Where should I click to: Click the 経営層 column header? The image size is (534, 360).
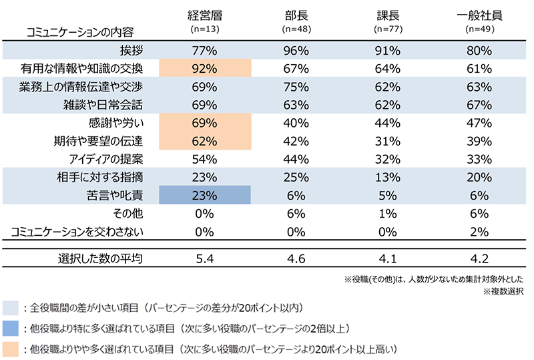tap(205, 17)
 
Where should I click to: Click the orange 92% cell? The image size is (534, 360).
tap(205, 68)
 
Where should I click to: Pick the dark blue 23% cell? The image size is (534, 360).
tap(205, 196)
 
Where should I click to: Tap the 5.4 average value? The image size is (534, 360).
tap(205, 257)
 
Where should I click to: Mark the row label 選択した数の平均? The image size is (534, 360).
tap(101, 257)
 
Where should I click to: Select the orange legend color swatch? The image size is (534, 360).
tap(11, 348)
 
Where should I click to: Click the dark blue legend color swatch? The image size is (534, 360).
tap(11, 328)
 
